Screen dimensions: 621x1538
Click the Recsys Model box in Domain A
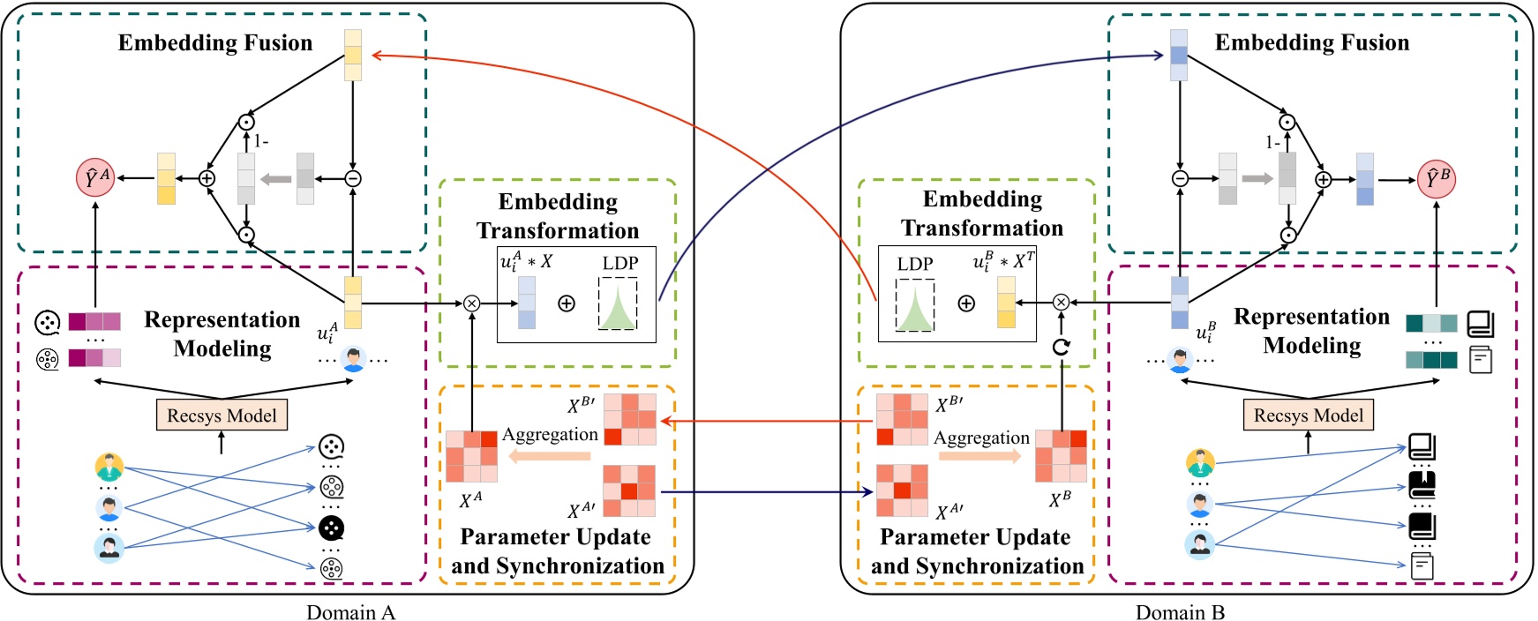pyautogui.click(x=221, y=415)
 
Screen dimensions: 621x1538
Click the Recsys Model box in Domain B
pyautogui.click(x=1308, y=415)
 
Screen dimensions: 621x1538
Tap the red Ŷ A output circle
pyautogui.click(x=95, y=178)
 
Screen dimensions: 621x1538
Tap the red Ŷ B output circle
pyautogui.click(x=1437, y=179)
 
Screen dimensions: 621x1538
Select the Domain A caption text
pyautogui.click(x=350, y=612)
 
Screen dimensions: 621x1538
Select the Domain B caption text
pyautogui.click(x=1180, y=612)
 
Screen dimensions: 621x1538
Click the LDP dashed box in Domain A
pyautogui.click(x=618, y=304)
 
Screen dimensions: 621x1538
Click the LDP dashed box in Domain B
pyautogui.click(x=915, y=305)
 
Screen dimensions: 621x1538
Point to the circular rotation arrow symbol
pyautogui.click(x=1061, y=347)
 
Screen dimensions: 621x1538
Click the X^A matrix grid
pyautogui.click(x=471, y=456)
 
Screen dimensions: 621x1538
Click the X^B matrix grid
pyautogui.click(x=1061, y=455)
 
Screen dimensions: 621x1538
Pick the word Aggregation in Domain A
pyautogui.click(x=550, y=434)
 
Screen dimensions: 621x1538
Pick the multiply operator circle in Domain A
pyautogui.click(x=471, y=303)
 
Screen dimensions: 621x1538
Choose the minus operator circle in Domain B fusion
pyautogui.click(x=1180, y=179)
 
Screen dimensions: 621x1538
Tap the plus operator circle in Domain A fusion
pyautogui.click(x=207, y=178)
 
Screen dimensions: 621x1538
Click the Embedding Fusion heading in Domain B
pyautogui.click(x=1311, y=42)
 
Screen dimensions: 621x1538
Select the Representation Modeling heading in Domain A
pyautogui.click(x=222, y=333)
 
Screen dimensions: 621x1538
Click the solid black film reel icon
pyautogui.click(x=331, y=528)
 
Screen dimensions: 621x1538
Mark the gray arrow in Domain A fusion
pyautogui.click(x=276, y=179)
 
